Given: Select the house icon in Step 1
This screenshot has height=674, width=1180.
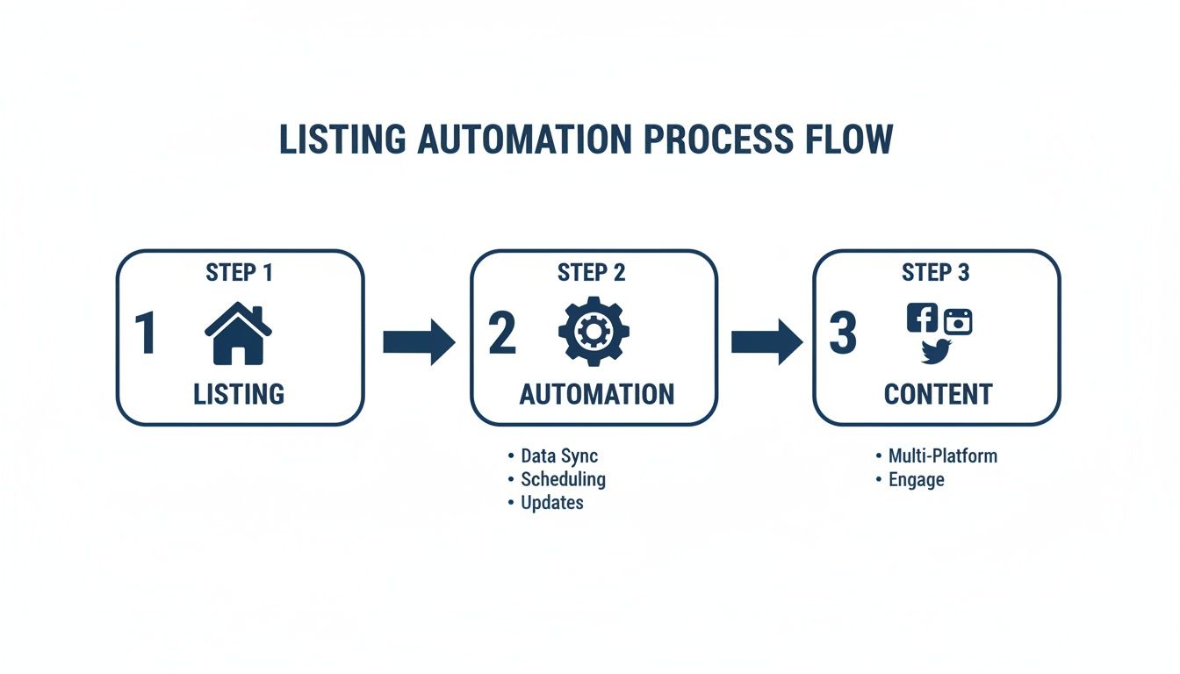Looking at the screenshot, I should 238,333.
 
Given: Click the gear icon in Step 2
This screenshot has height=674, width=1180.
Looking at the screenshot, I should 594,333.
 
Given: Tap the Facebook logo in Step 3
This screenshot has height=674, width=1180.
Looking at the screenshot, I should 922,317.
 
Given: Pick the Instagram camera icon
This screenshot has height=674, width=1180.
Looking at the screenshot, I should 959,322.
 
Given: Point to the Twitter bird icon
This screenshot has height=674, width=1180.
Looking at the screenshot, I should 937,350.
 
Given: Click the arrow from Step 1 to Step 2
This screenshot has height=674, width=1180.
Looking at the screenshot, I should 419,341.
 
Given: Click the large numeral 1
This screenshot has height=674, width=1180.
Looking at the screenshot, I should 146,334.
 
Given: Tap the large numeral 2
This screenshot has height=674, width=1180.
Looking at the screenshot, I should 502,334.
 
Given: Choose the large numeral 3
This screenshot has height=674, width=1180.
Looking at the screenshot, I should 843,334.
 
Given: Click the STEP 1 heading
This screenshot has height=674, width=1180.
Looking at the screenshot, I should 239,273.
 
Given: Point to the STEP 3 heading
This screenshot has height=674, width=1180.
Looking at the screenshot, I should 936,273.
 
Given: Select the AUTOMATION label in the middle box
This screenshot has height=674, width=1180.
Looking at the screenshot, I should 597,394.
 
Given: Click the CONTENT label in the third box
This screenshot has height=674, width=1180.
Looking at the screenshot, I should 938,394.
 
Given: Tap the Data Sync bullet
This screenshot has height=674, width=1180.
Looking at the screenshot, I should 558,456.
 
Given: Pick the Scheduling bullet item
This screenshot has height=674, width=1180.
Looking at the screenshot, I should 563,479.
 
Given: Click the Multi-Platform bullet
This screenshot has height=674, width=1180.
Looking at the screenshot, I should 942,456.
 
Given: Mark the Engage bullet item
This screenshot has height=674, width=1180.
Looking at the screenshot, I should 916,480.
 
